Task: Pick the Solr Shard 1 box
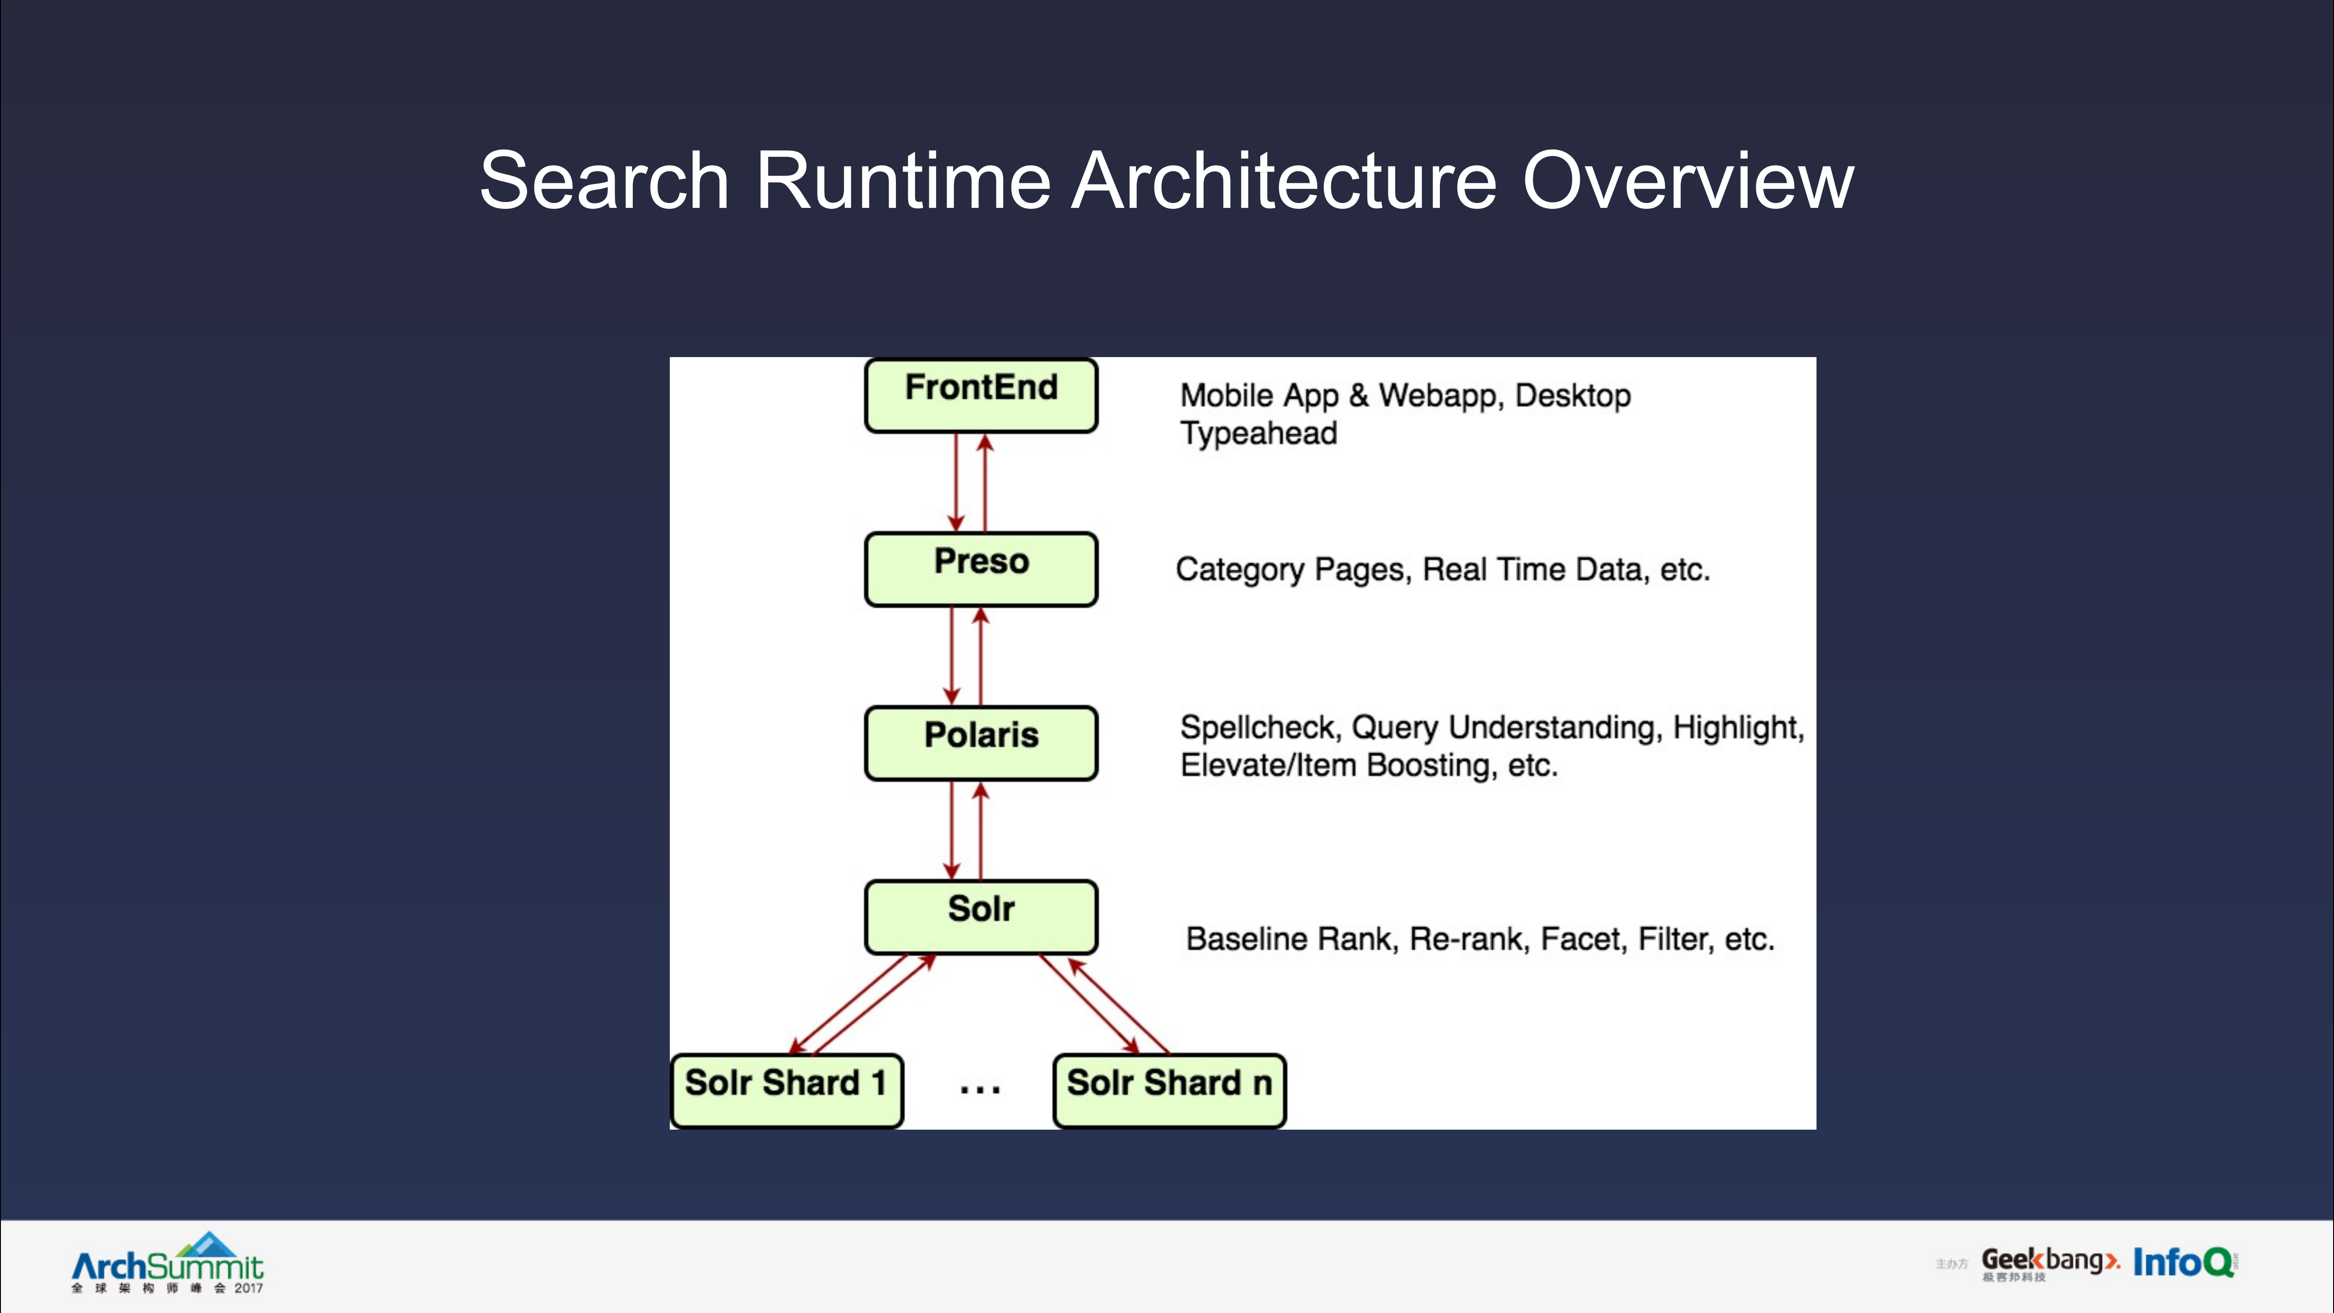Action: [787, 1090]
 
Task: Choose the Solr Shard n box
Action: [1169, 1090]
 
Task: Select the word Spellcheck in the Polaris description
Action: [1258, 727]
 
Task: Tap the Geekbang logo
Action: [2049, 1262]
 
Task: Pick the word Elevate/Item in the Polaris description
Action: [1268, 766]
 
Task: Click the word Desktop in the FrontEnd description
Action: [1573, 396]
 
